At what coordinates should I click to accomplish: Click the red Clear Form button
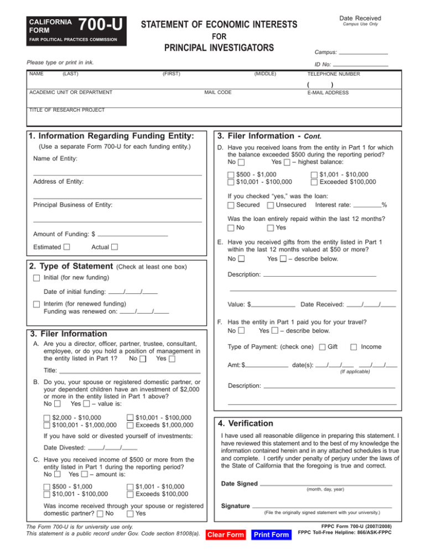225,535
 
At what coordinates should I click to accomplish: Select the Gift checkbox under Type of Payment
323,347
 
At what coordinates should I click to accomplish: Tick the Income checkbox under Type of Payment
354,347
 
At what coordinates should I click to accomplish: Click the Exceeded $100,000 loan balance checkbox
314,181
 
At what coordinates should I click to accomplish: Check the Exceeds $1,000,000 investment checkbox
129,426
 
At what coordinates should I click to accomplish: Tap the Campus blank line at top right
363,53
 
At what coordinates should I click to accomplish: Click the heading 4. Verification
246,423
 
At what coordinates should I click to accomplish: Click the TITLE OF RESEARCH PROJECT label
66,110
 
